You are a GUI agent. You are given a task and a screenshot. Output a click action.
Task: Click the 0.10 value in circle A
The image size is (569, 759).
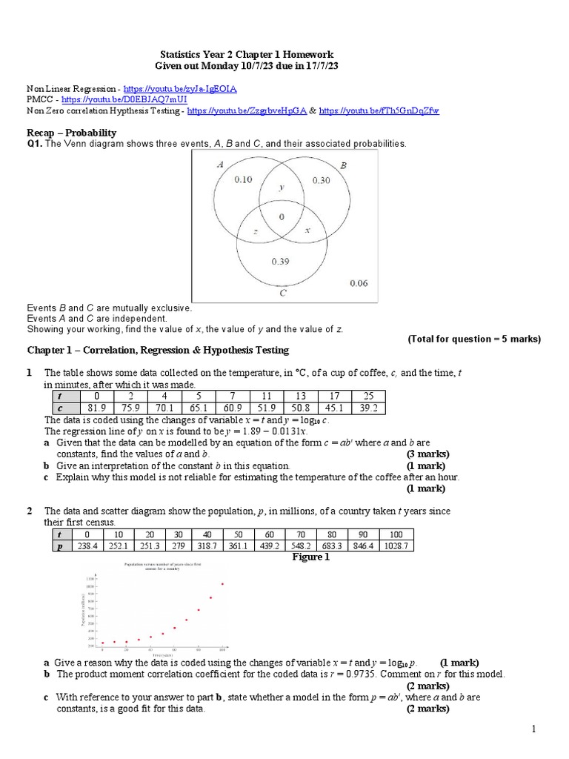(243, 179)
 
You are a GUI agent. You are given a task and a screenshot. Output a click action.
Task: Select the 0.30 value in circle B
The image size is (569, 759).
(322, 179)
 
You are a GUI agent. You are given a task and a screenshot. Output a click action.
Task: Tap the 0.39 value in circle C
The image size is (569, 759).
(280, 261)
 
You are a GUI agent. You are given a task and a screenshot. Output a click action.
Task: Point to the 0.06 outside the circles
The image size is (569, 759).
(359, 283)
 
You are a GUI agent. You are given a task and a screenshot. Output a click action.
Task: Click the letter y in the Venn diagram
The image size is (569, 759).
(282, 188)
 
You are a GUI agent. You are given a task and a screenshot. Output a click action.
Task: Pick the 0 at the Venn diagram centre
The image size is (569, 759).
(282, 216)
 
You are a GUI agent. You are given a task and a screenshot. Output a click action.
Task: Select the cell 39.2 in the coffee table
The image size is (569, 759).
(368, 408)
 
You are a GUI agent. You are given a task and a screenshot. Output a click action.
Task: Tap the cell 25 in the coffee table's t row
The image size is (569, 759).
(368, 397)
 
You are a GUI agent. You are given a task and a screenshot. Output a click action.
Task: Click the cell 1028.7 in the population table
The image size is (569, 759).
(396, 546)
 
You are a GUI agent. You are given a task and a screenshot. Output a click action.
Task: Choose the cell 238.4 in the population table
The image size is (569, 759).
(87, 546)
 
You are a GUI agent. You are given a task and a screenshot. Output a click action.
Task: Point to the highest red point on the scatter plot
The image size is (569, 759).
(223, 584)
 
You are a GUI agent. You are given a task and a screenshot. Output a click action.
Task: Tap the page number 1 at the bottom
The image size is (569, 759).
(533, 730)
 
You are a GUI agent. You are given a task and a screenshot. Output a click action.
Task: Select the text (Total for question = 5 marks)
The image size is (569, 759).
(474, 339)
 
